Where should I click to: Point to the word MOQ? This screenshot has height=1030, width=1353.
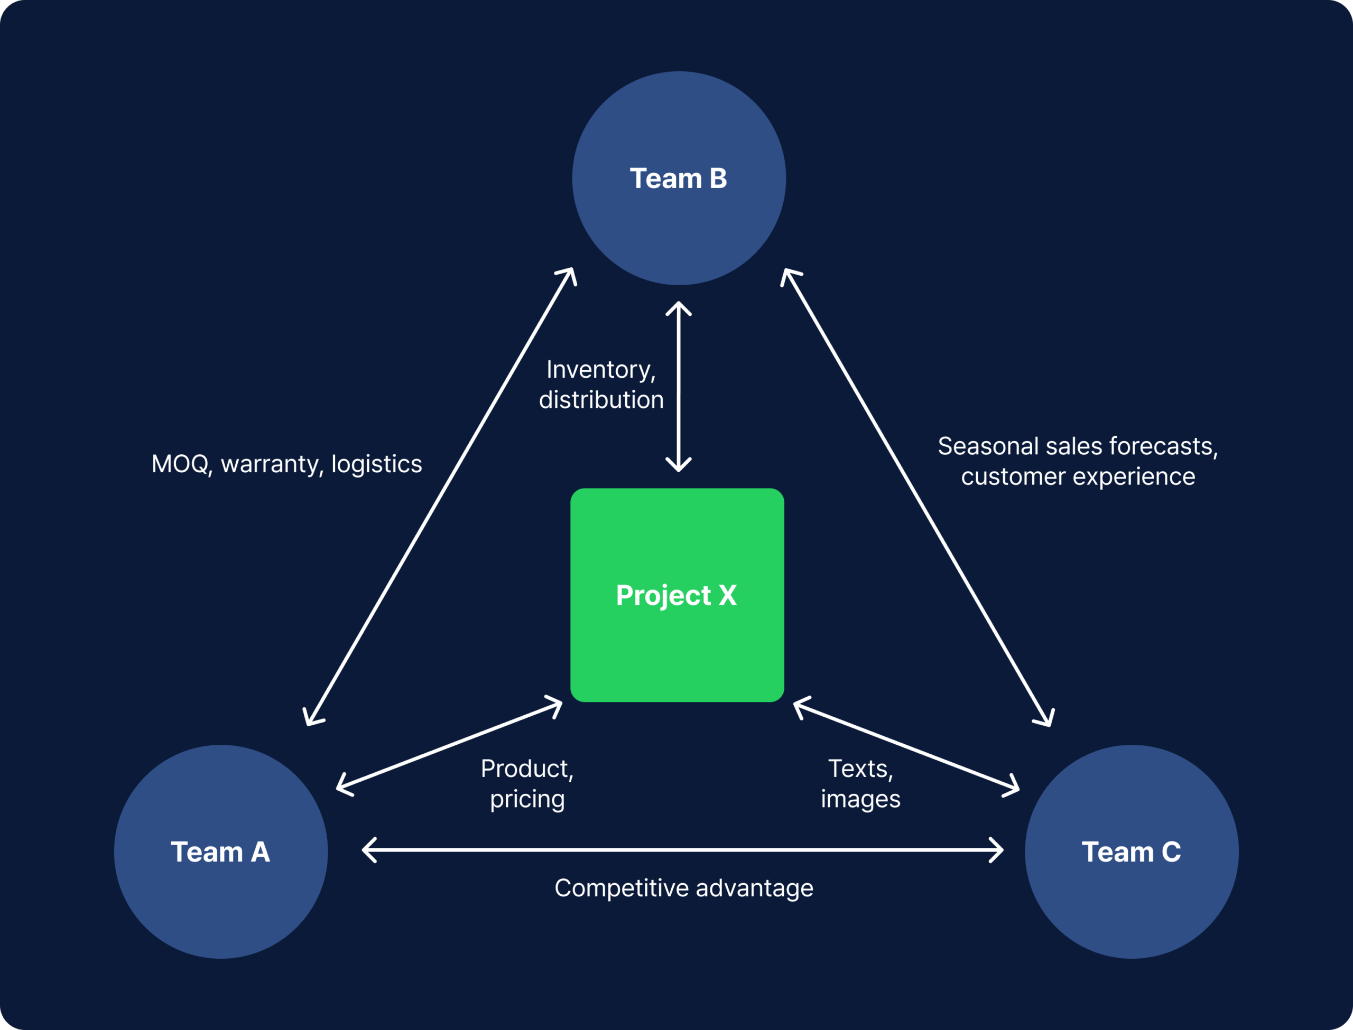180,464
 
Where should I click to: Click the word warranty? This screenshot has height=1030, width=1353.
270,464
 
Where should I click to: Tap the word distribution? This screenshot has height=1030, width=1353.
601,400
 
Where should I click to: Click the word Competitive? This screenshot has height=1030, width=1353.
622,888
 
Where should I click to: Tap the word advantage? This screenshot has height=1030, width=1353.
754,888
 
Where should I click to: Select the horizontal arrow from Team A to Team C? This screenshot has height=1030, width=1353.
683,850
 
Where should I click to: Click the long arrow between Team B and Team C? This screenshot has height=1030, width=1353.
918,497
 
